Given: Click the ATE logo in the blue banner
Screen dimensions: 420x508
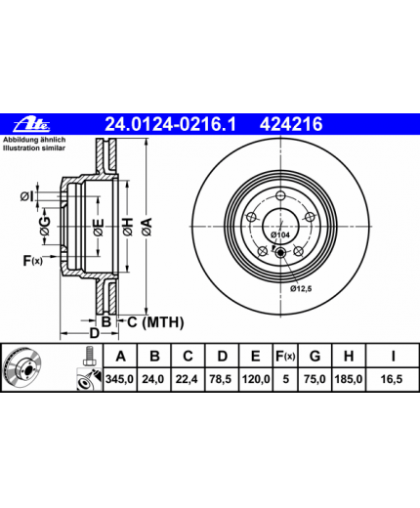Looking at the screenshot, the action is coord(31,124).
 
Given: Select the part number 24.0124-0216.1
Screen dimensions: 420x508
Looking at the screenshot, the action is coord(170,124).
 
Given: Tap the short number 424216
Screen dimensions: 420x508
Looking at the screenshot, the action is coord(291,124).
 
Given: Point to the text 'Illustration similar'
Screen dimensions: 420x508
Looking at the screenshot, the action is coord(34,148).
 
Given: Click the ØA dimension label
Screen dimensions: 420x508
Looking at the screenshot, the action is coord(147,227).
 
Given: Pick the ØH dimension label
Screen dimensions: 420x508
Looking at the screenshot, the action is coord(128,227).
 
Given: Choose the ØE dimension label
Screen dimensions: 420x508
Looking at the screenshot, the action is coord(99,228).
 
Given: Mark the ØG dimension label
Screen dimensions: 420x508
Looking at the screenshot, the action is coord(45,226).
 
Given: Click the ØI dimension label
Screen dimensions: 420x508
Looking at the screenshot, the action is coord(27,196).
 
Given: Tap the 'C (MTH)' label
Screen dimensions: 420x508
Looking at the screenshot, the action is coord(155,322).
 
